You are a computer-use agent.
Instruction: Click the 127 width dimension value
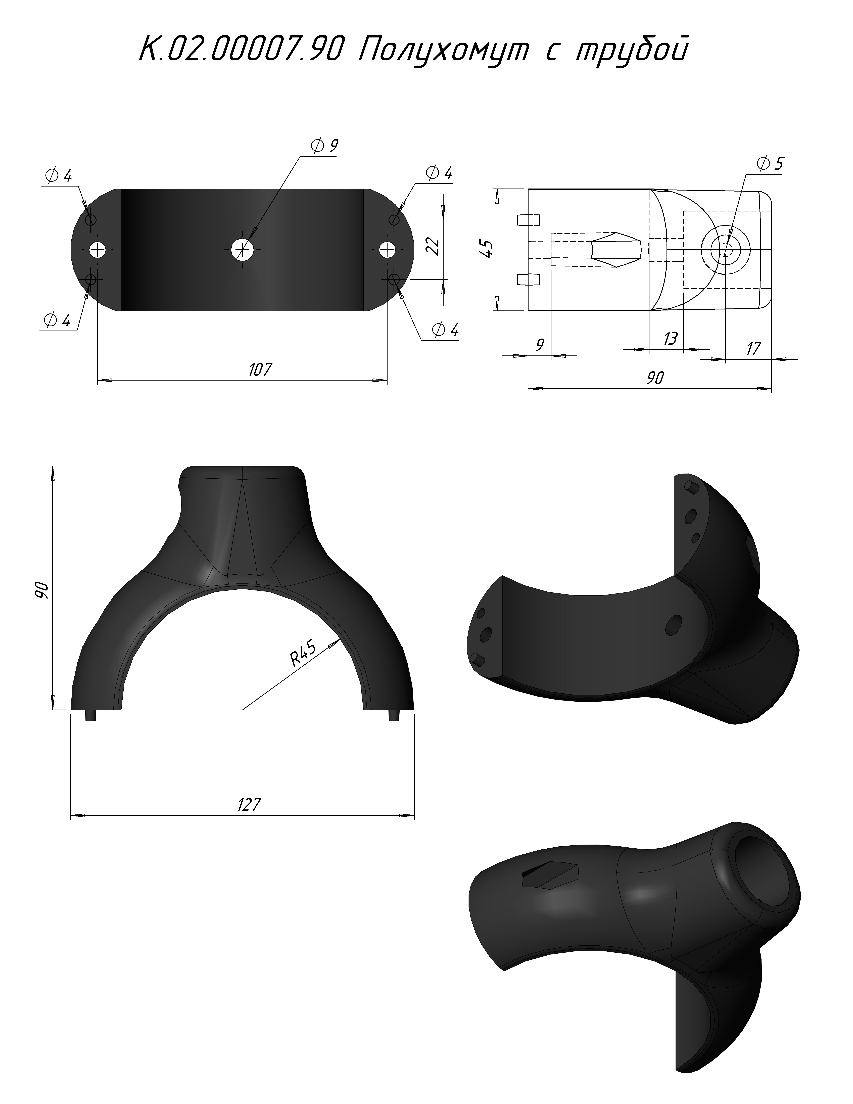(249, 804)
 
